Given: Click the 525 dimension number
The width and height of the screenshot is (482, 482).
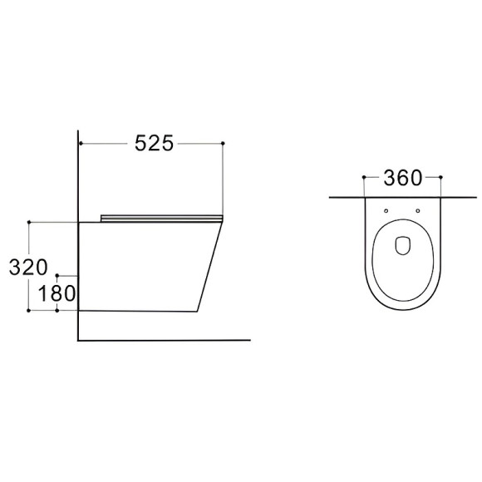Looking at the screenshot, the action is pos(155,143).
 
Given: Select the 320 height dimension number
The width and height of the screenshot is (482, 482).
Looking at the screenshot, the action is pos(28,268).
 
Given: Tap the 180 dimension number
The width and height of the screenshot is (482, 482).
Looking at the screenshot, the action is pos(57,293).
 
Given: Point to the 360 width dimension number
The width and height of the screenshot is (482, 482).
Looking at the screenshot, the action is pos(403,178).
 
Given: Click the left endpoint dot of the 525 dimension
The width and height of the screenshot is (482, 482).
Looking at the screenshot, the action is pos(81,143).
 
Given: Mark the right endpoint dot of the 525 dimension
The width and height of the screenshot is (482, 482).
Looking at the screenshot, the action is pos(223,143).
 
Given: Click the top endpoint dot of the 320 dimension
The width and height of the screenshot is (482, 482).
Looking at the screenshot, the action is pos(29,222).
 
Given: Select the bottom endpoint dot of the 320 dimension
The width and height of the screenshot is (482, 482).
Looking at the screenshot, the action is pos(28,311).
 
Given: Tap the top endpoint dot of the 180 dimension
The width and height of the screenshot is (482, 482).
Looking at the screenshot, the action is pos(57,275).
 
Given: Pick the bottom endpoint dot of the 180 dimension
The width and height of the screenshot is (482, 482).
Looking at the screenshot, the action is pos(57,311).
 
